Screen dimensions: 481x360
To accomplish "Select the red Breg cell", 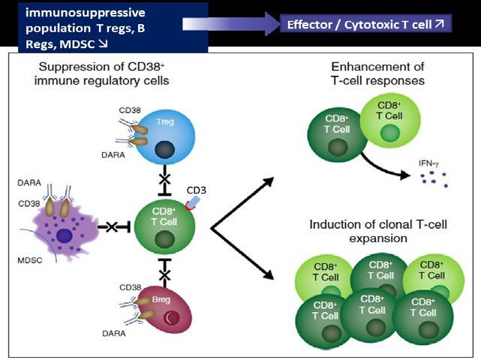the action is (x=165, y=310).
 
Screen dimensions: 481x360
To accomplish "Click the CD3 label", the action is (x=197, y=190).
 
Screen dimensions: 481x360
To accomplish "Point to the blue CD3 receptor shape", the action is (x=194, y=203).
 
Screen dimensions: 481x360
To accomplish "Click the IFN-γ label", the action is (x=428, y=163).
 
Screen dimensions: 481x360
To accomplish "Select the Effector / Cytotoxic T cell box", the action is (x=365, y=24).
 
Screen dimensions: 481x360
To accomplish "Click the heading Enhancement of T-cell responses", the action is (x=377, y=73).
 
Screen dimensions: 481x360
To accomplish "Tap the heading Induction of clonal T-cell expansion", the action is (x=378, y=231).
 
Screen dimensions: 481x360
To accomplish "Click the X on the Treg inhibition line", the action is (x=165, y=179).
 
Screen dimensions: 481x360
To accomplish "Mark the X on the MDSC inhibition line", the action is (x=112, y=227).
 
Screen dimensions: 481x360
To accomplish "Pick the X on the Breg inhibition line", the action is (x=165, y=275).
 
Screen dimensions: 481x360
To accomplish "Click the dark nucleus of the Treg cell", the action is (x=165, y=150).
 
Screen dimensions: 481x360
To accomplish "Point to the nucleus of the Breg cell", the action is (x=172, y=318).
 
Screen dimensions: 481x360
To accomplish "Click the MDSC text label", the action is (x=30, y=261).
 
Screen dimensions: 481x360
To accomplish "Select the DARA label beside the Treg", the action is (x=113, y=154).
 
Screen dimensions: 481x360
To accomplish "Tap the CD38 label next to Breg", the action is (x=131, y=287).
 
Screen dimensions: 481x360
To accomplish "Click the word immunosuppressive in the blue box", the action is (x=86, y=13).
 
